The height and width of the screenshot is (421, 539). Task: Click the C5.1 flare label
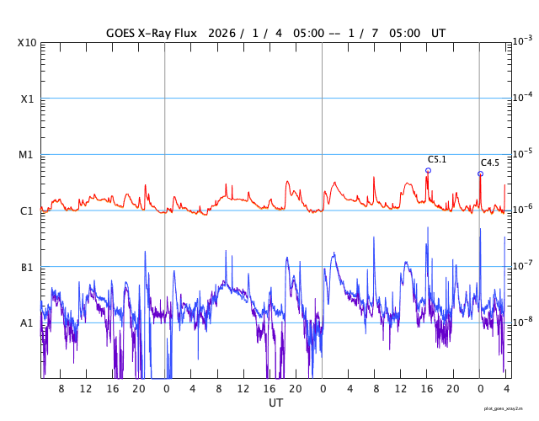coord(437,159)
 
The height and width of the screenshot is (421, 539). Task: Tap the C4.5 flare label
coord(490,163)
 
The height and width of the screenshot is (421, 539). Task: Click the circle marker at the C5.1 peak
coord(428,170)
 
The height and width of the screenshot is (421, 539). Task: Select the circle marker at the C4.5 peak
coord(480,174)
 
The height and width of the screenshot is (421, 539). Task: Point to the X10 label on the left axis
coord(26,43)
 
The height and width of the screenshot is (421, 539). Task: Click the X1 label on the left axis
coord(26,99)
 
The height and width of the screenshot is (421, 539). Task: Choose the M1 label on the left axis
coord(26,155)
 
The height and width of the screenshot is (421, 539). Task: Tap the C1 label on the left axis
coord(26,210)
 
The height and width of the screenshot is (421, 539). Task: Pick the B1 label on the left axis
coord(26,267)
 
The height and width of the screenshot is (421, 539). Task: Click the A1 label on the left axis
coord(26,322)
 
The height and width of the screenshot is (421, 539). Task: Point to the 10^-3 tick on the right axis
coord(522,41)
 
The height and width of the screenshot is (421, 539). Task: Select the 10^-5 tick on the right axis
coord(522,153)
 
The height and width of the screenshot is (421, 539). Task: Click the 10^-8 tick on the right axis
coord(522,322)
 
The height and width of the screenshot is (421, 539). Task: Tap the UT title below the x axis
coord(275,403)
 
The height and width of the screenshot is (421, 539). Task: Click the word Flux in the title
coord(183,34)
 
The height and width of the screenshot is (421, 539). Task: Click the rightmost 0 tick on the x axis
coord(480,389)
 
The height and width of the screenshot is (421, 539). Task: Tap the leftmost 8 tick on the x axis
coord(61,389)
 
